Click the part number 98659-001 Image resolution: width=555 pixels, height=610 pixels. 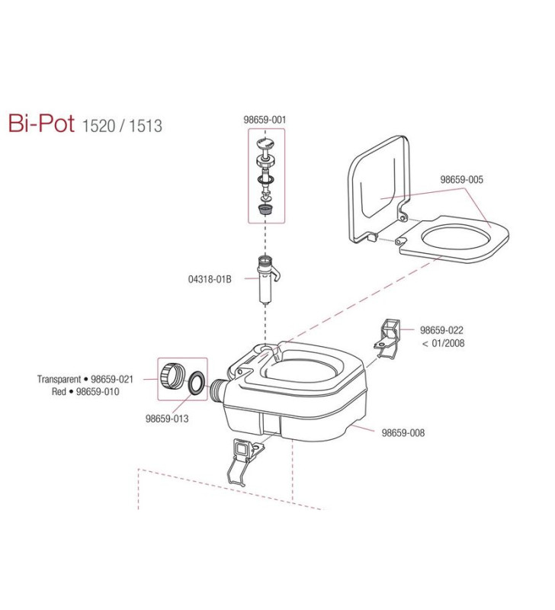(265, 119)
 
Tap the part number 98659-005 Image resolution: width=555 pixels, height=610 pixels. (461, 180)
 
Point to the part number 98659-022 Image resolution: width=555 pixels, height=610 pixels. (441, 330)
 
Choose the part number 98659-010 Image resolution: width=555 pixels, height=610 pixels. (98, 391)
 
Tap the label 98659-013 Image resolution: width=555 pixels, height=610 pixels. (166, 418)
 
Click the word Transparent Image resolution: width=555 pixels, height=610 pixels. (59, 379)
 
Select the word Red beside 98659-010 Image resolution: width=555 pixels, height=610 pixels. (59, 391)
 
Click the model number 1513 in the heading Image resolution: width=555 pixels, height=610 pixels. (146, 126)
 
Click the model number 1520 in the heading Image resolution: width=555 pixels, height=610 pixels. (98, 126)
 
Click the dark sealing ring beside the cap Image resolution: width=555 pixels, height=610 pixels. (195, 382)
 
